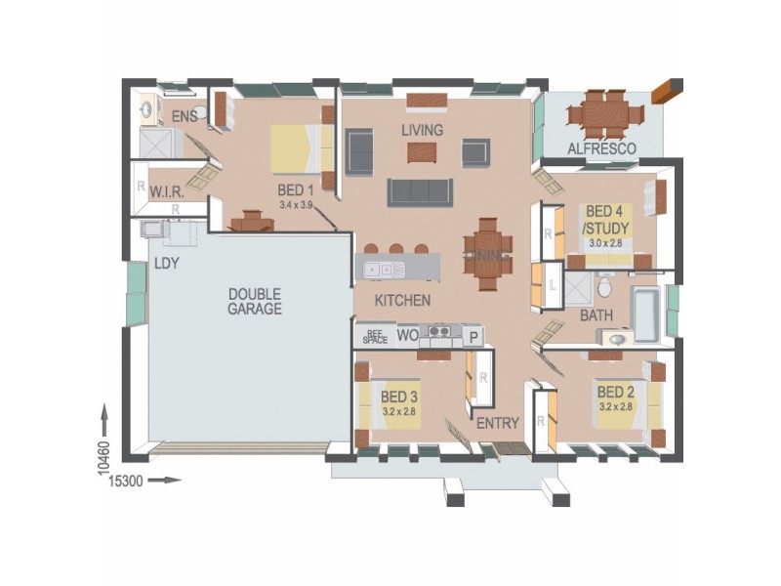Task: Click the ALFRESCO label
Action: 603,148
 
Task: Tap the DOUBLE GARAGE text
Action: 255,301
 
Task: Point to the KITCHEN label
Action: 401,301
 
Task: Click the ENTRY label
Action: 497,423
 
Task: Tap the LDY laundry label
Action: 166,264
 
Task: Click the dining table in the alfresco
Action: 606,114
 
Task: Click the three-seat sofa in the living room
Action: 420,191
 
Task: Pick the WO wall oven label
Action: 407,336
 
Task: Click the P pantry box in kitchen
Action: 473,336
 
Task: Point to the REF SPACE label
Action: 375,336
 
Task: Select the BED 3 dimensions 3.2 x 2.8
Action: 399,412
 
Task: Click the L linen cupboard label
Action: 552,286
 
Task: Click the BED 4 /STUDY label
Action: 606,220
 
